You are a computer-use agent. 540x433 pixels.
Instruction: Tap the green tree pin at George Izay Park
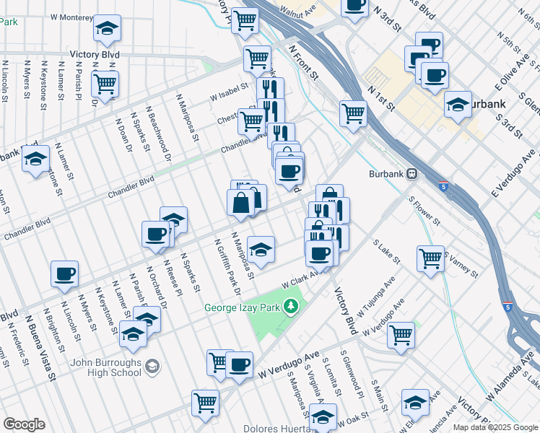tap(291, 307)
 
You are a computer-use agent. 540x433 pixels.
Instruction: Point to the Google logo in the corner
tap(23, 424)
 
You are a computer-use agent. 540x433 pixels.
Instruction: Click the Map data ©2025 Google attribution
tap(496, 427)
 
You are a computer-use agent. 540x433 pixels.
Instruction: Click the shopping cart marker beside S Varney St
tap(431, 258)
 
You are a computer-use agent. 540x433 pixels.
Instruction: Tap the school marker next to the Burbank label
tap(458, 104)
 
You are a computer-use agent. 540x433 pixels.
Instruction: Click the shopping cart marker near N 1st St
tap(353, 113)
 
